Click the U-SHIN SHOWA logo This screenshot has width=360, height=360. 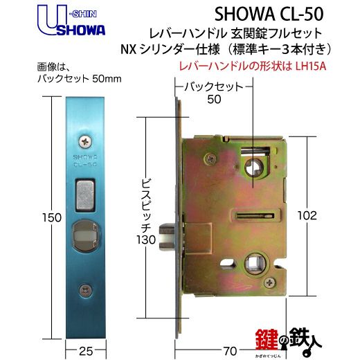coord(71,21)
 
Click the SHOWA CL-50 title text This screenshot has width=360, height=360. coord(269,15)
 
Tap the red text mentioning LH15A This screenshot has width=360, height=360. coord(253,66)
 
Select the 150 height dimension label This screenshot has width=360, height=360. coord(52,217)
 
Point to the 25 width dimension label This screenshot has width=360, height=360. coord(86,352)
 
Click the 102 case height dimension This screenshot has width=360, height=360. coord(307,216)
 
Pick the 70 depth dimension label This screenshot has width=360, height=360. coord(230,352)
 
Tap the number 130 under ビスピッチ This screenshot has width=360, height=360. coord(146,240)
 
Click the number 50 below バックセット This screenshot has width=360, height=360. coord(214,99)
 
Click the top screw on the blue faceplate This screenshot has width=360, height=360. coord(85,141)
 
